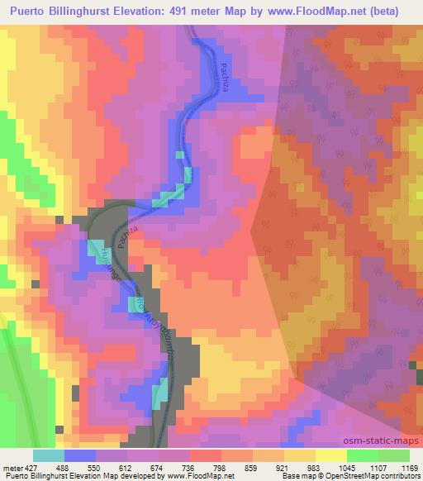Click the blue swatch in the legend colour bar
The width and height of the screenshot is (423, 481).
[x=79, y=455]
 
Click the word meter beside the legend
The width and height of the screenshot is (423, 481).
[x=12, y=467]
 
